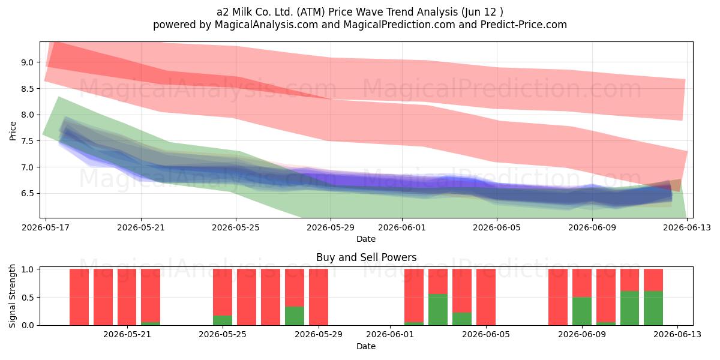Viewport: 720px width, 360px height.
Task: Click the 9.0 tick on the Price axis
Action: tap(28, 62)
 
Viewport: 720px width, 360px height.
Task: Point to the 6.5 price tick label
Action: tap(28, 193)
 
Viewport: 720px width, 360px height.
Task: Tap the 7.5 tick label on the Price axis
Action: tap(28, 141)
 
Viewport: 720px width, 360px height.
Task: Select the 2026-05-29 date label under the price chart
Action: tap(331, 227)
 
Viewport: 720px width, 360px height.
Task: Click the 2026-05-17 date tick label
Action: tap(46, 227)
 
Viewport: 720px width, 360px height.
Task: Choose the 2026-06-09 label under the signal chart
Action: tap(582, 335)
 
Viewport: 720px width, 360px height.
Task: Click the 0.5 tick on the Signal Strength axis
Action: tap(28, 298)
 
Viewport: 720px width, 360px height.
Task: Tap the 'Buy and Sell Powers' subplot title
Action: tap(367, 257)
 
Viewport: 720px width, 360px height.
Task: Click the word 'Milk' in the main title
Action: tap(242, 12)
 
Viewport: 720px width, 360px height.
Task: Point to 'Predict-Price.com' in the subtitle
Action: tap(524, 25)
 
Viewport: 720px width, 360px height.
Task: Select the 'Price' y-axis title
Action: tap(13, 131)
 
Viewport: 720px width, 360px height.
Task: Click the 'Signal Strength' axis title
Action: tap(12, 296)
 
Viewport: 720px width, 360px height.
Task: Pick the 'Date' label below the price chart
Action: tap(366, 239)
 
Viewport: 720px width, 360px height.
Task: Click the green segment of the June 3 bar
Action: tap(438, 310)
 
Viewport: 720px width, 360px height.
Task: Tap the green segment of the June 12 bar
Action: tap(653, 308)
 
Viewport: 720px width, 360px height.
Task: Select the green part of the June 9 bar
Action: tap(582, 311)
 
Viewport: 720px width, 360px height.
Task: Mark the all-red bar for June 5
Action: tap(485, 297)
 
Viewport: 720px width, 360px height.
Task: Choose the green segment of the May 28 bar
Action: tap(295, 316)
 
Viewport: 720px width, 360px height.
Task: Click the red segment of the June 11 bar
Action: tap(629, 280)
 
